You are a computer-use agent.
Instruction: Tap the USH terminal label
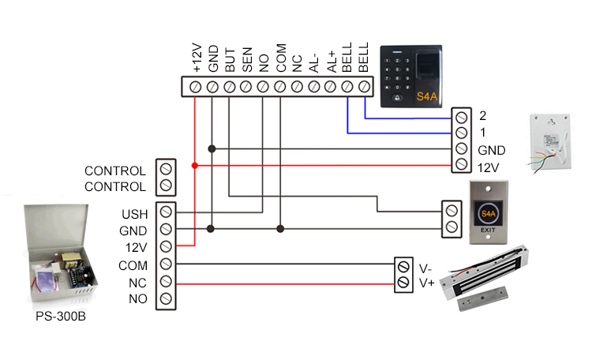pos(133,214)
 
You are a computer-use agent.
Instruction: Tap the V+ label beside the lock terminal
pos(426,281)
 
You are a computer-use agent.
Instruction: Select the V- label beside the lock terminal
pos(426,266)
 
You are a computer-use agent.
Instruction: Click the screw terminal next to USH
pos(166,213)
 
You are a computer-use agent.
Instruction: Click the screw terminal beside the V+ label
pos(403,281)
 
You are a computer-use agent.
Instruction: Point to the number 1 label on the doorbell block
pos(482,133)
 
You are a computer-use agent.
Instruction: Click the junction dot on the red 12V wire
pos(195,166)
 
